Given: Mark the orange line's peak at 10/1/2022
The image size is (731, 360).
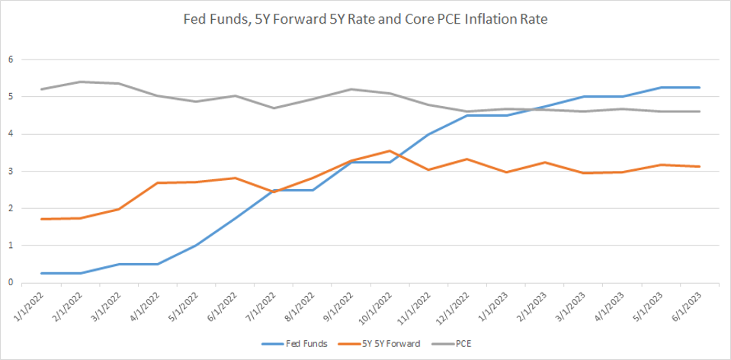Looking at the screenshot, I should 390,151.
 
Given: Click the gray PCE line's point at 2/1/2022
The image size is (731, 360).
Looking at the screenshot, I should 80,82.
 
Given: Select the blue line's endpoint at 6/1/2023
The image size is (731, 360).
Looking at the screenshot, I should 700,88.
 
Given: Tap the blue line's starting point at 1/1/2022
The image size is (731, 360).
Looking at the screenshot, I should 41,273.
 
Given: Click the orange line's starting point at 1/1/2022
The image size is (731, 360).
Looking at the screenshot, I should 41,219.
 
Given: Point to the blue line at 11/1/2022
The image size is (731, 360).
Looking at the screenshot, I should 429,134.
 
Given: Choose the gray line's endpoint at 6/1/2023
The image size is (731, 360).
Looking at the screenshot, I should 700,111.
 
